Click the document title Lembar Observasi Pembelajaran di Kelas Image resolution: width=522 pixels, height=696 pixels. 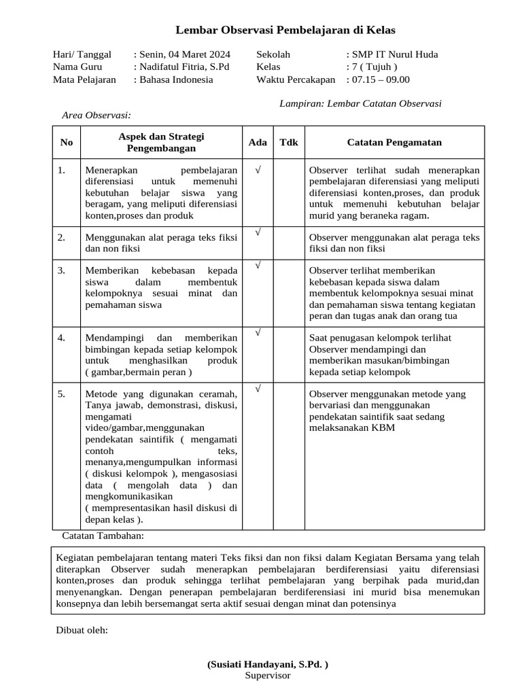click(x=285, y=30)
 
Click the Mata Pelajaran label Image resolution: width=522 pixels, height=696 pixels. click(x=84, y=80)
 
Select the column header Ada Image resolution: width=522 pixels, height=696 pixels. click(x=258, y=143)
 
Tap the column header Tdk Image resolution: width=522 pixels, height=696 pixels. click(x=289, y=143)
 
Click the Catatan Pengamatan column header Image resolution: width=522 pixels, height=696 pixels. click(x=394, y=143)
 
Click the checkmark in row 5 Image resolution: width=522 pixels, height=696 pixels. click(x=258, y=389)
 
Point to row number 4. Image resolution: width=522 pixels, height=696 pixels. click(x=61, y=338)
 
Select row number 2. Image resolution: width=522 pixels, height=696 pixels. click(x=61, y=237)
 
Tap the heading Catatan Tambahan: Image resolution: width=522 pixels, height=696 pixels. click(x=99, y=536)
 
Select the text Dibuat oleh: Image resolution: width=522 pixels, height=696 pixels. click(x=82, y=630)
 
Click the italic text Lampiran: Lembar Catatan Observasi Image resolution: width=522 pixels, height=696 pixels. click(x=360, y=104)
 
